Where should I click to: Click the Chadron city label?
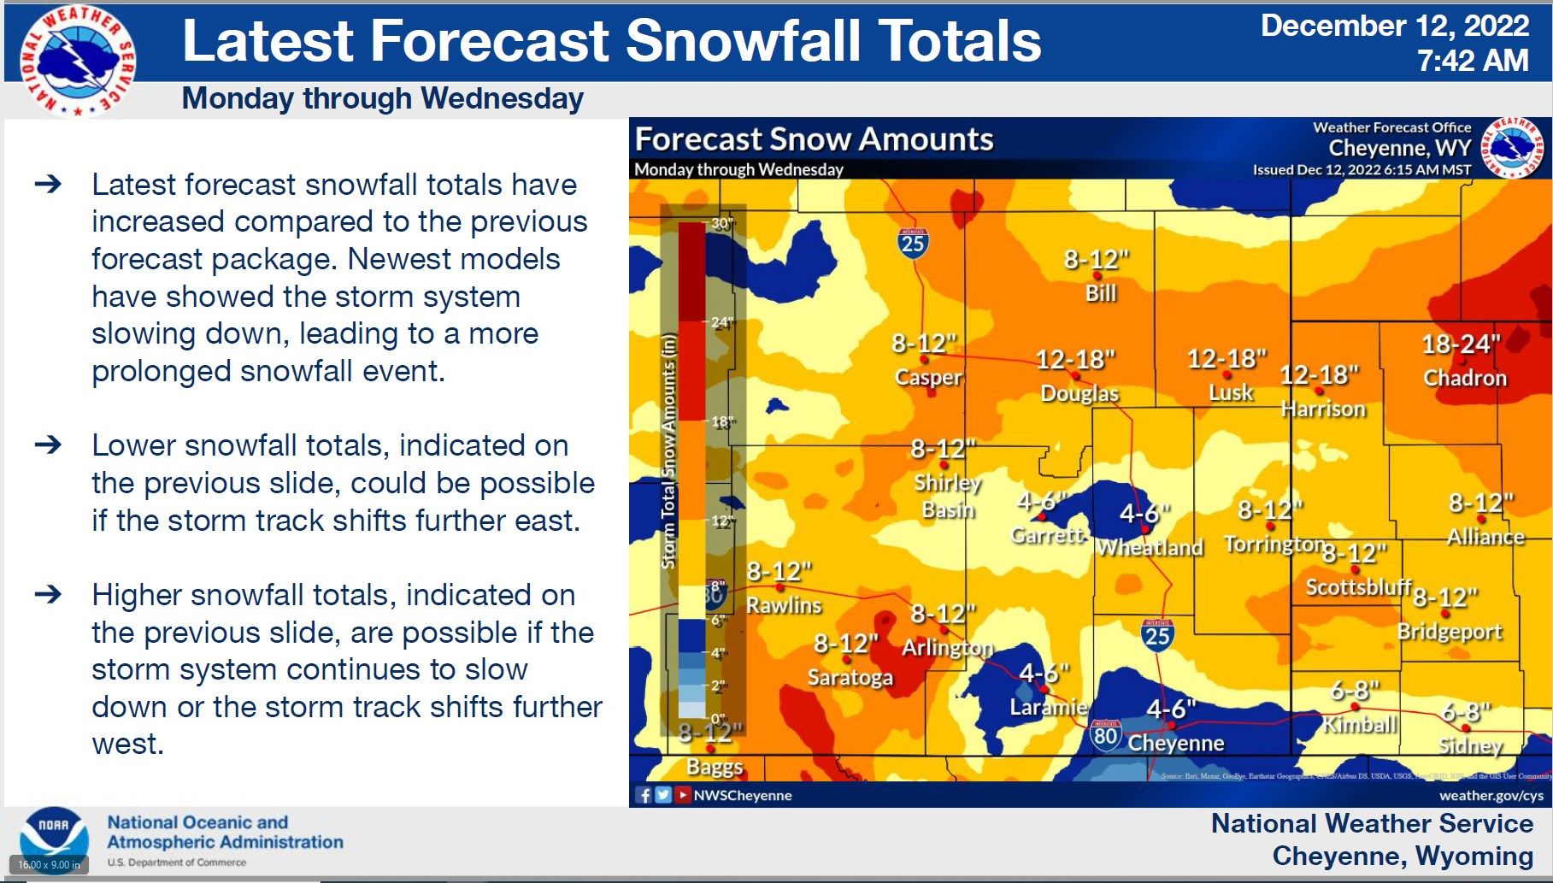coord(1464,378)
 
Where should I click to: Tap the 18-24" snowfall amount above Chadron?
coord(1460,344)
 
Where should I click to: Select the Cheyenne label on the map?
coord(1175,743)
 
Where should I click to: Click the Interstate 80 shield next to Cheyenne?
coord(1105,735)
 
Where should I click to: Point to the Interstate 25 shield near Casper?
coord(913,243)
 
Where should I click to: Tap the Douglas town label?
coord(1079,393)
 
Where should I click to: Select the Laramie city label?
coord(1048,707)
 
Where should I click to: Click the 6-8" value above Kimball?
coord(1355,690)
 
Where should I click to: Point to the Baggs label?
coord(715,767)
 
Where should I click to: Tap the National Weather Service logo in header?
coord(79,60)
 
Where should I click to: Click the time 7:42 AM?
coord(1472,61)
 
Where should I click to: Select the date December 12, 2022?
coord(1394,26)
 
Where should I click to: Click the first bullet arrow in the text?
coord(49,184)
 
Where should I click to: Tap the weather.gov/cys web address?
coord(1491,795)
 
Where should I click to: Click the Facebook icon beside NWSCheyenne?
coord(644,795)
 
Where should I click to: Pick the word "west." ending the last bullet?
coord(127,744)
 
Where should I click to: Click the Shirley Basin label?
coord(947,496)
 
